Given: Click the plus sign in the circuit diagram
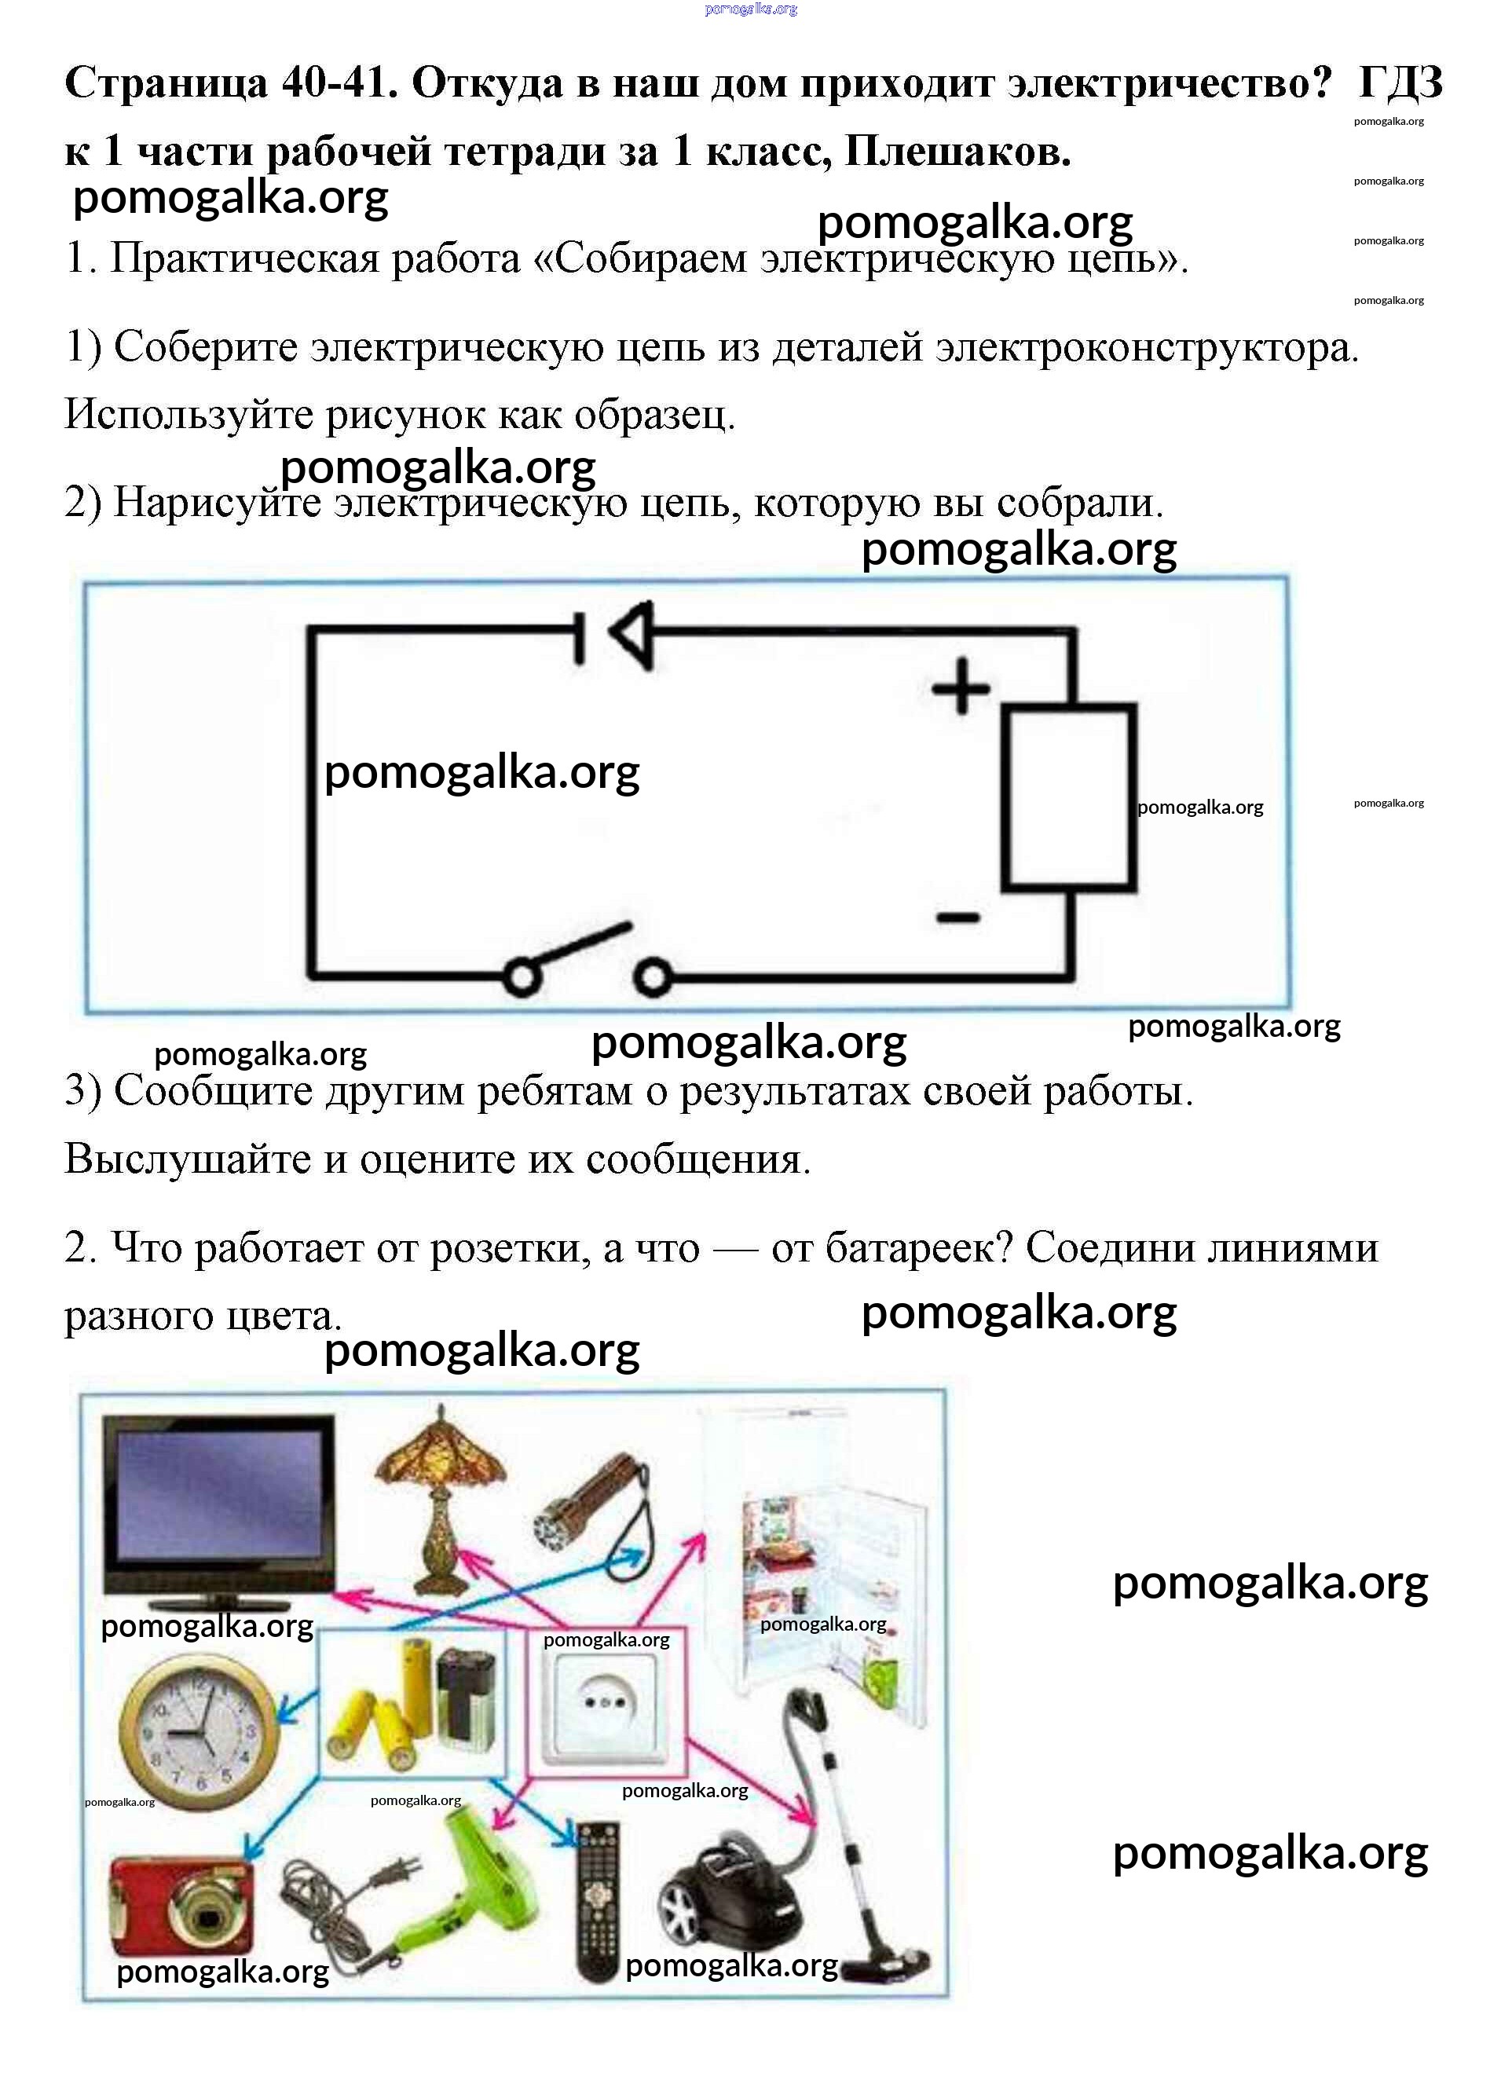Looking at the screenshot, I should tap(961, 686).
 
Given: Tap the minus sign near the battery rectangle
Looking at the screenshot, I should tap(958, 916).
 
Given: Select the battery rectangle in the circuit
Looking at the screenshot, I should tap(1069, 797).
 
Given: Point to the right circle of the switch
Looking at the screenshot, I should tap(653, 978).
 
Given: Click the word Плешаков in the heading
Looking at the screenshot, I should tap(957, 152).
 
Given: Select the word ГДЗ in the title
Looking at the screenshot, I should tap(1400, 83).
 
